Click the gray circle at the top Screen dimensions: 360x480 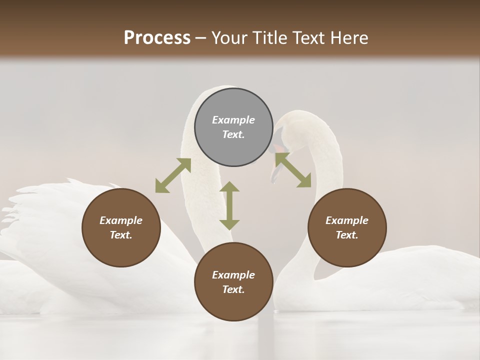tap(233, 127)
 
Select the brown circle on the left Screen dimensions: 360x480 tap(121, 227)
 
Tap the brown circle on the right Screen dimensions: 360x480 tap(347, 227)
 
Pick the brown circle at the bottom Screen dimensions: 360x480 tap(233, 282)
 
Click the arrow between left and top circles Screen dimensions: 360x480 tap(173, 175)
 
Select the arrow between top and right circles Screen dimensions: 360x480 tap(293, 170)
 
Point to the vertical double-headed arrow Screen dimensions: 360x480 tap(229, 205)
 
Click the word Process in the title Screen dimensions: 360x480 tap(157, 37)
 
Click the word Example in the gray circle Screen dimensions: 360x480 tap(233, 120)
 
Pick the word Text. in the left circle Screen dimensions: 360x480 tap(121, 235)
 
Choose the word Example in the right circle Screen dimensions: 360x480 tap(347, 220)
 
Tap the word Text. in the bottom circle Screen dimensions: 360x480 tap(233, 289)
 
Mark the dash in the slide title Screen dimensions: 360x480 tap(201, 38)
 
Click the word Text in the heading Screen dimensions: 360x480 tap(308, 37)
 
